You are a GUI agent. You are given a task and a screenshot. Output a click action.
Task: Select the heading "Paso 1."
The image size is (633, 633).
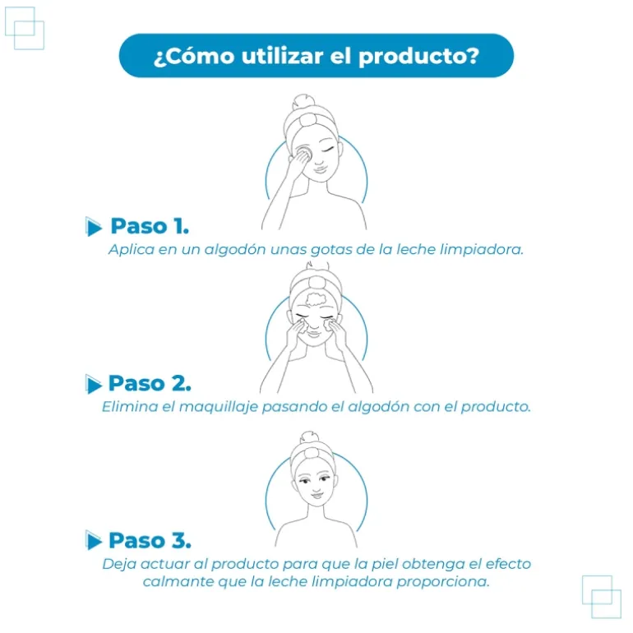pos(150,226)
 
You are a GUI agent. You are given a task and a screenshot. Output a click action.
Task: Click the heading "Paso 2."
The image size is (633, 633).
pos(150,383)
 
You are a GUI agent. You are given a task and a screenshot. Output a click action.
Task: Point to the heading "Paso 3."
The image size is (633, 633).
pos(150,540)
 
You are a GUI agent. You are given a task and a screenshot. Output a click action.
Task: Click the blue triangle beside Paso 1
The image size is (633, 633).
pos(93,226)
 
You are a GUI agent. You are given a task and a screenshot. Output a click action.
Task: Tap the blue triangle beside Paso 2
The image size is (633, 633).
pos(93,384)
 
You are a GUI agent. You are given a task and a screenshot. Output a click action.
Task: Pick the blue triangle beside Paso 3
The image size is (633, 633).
pos(93,541)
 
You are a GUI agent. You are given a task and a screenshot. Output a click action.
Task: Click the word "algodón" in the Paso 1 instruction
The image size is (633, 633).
pos(234,250)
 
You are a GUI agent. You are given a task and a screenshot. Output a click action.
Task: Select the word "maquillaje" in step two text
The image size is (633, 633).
pos(219,407)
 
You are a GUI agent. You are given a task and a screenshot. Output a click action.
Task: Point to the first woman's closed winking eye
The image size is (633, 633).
pos(328,150)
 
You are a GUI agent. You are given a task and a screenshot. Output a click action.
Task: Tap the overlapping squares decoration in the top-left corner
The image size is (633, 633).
pos(24,28)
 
